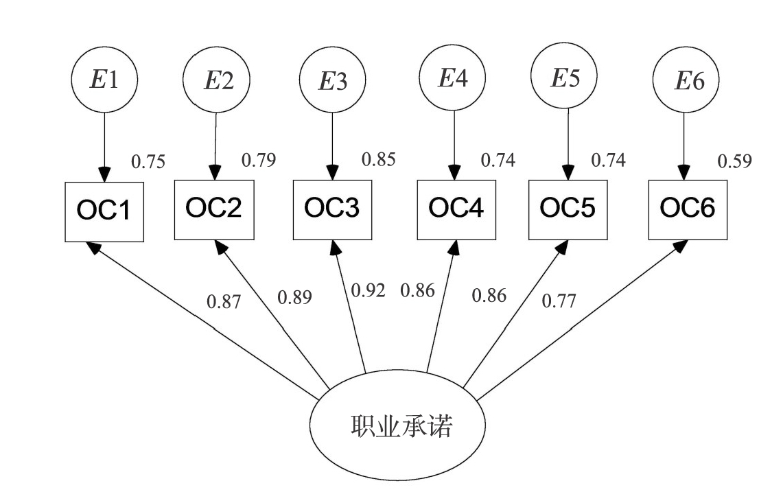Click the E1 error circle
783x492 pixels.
[104, 80]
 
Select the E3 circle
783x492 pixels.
[333, 82]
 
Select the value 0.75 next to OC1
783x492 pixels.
[148, 162]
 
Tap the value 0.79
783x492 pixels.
[259, 161]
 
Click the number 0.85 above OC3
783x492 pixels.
[379, 160]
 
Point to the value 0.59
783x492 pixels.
[734, 162]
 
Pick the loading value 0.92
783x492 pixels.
[368, 290]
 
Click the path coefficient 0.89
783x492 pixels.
[294, 297]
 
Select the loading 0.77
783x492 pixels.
[559, 300]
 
